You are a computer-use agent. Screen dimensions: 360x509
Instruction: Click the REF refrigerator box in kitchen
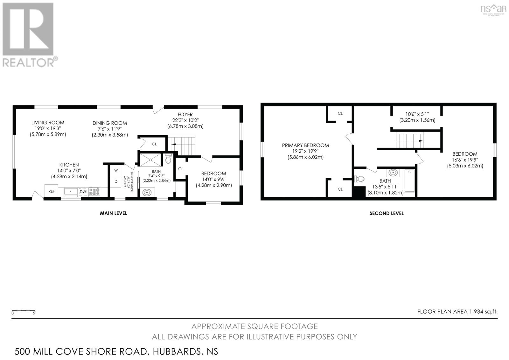pyautogui.click(x=51, y=191)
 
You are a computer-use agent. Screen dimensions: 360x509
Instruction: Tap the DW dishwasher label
pyautogui.click(x=83, y=192)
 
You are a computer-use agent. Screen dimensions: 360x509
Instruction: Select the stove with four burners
pyautogui.click(x=94, y=192)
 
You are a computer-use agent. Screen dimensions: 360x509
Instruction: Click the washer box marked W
pyautogui.click(x=116, y=171)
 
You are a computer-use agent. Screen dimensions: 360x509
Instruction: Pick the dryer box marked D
pyautogui.click(x=116, y=181)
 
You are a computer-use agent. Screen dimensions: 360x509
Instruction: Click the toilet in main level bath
pyautogui.click(x=169, y=159)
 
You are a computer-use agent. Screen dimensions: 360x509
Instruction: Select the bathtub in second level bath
pyautogui.click(x=410, y=181)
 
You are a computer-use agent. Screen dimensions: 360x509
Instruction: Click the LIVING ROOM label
pyautogui.click(x=48, y=123)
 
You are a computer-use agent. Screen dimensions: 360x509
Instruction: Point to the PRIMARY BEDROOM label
pyautogui.click(x=305, y=145)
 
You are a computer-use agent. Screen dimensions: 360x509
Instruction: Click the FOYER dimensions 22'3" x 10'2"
pyautogui.click(x=185, y=120)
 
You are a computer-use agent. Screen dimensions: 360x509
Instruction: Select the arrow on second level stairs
pyautogui.click(x=421, y=141)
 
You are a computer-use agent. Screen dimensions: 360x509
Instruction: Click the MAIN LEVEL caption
pyautogui.click(x=114, y=213)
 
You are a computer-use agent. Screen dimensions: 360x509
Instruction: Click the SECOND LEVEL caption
pyautogui.click(x=386, y=213)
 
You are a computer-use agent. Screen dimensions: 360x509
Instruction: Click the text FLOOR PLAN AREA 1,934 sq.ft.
pyautogui.click(x=457, y=312)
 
